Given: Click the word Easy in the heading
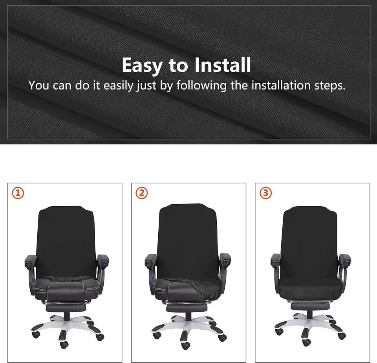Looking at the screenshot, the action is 142,65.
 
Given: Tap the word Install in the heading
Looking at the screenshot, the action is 223,64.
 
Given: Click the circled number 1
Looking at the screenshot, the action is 18,193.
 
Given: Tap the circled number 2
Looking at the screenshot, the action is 142,193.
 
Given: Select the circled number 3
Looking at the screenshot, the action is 266,193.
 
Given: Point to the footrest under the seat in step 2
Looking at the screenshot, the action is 187,307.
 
